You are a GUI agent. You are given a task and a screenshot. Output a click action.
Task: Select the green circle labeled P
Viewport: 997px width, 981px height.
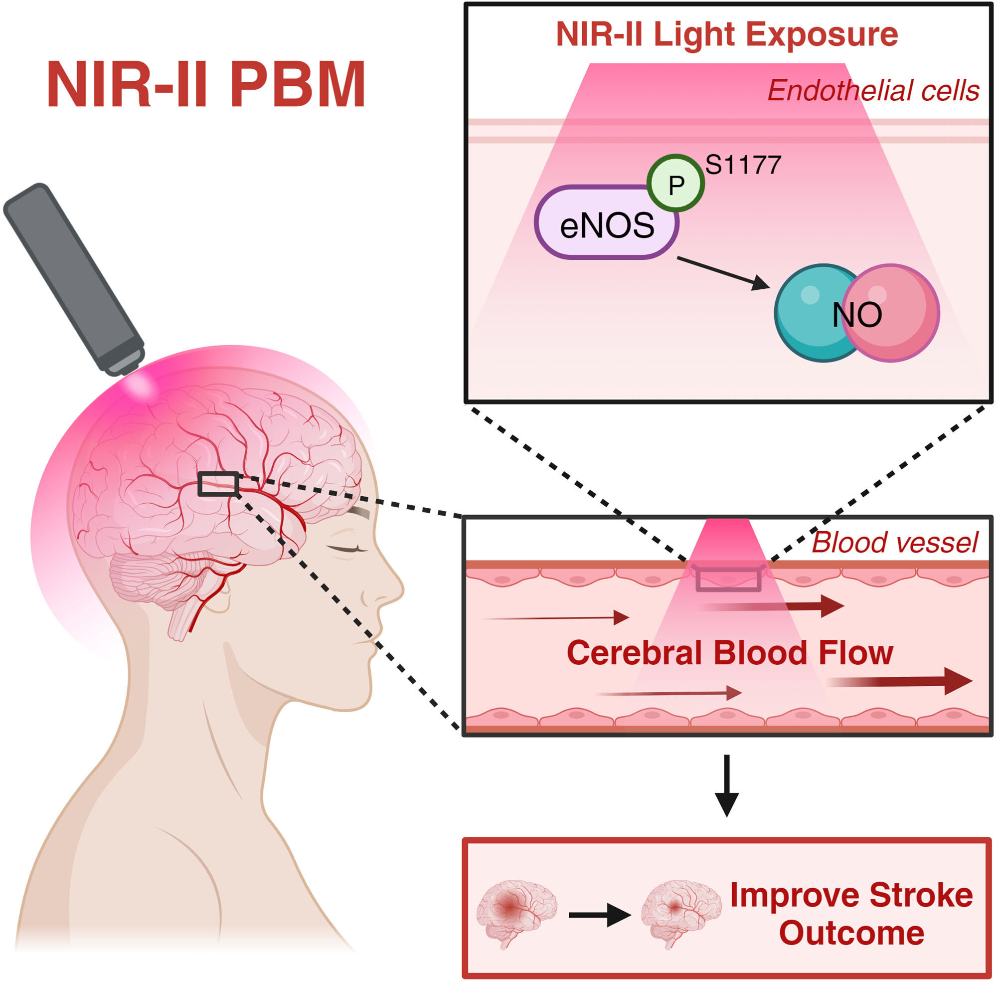coord(675,184)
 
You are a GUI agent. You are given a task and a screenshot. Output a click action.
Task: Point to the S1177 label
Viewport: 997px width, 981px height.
coord(743,166)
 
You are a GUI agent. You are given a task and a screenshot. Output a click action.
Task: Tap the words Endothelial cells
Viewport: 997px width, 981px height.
coord(873,91)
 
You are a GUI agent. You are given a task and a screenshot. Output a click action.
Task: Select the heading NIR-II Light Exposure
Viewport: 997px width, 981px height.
coord(727,35)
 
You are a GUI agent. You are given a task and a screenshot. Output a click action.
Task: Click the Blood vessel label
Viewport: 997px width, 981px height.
coord(894,543)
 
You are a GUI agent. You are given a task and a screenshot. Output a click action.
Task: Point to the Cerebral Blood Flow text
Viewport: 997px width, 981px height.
coord(730,653)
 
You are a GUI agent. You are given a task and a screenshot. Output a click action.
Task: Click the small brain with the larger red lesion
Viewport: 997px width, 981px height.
coord(516,912)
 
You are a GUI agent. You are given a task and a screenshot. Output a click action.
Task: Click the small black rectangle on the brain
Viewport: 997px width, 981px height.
coord(219,484)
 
